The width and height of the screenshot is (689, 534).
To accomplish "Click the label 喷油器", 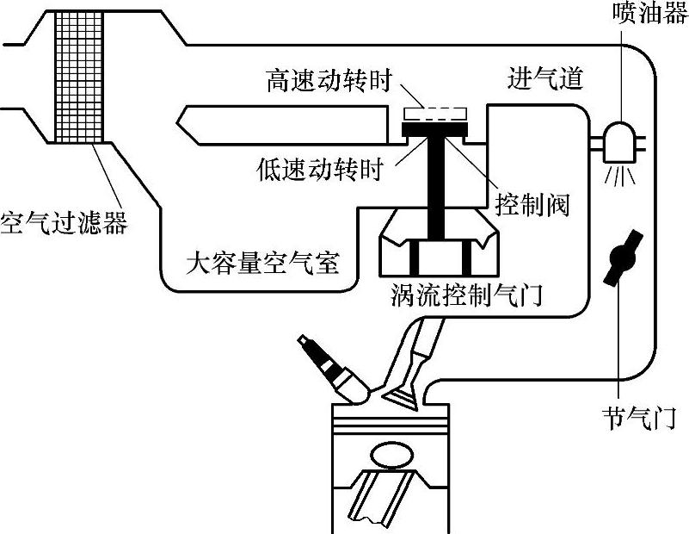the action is [x=651, y=12].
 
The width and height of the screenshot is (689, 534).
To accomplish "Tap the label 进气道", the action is [x=545, y=79].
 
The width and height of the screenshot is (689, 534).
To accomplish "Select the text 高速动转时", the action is [x=329, y=80].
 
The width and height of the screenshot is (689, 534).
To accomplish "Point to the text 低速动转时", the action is [x=320, y=169].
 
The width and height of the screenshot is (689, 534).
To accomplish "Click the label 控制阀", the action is [x=532, y=204].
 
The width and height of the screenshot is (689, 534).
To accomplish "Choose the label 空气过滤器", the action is [x=65, y=222].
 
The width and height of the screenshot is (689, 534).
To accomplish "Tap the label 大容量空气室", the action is [x=262, y=264].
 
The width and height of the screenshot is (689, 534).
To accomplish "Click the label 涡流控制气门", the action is [x=466, y=295].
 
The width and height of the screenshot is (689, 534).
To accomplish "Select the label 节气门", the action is [x=639, y=418].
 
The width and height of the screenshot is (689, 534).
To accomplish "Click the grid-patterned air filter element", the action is [x=79, y=77].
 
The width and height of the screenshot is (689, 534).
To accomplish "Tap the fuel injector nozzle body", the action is [x=620, y=141].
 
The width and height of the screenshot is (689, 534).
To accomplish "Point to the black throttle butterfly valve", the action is [x=624, y=258].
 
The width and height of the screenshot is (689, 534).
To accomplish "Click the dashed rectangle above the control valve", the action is [x=436, y=114].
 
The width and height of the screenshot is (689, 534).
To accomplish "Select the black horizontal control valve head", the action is [x=435, y=129].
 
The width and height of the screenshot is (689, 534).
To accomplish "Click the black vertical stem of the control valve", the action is [x=436, y=189].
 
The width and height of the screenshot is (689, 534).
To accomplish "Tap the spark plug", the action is [x=335, y=369].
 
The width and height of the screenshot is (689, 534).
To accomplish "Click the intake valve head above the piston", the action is [x=401, y=394].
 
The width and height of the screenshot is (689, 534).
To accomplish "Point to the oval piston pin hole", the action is [x=392, y=456].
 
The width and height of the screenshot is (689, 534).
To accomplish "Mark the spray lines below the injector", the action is [x=620, y=176].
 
